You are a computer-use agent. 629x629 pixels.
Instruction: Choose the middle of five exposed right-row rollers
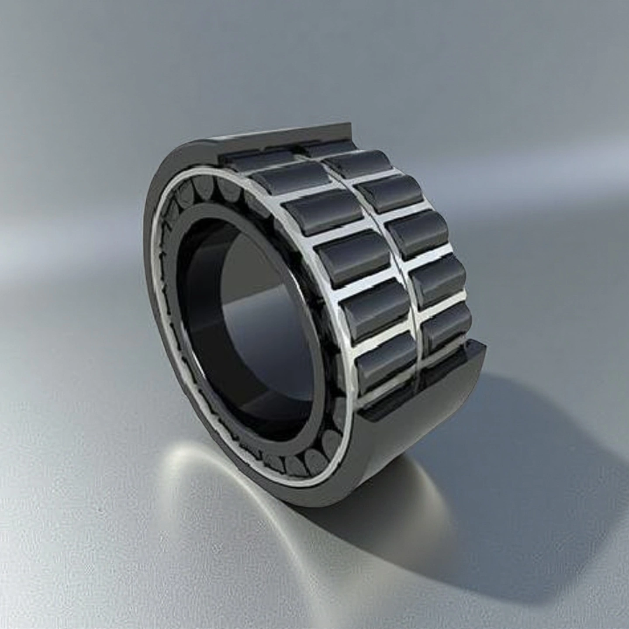(417, 234)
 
